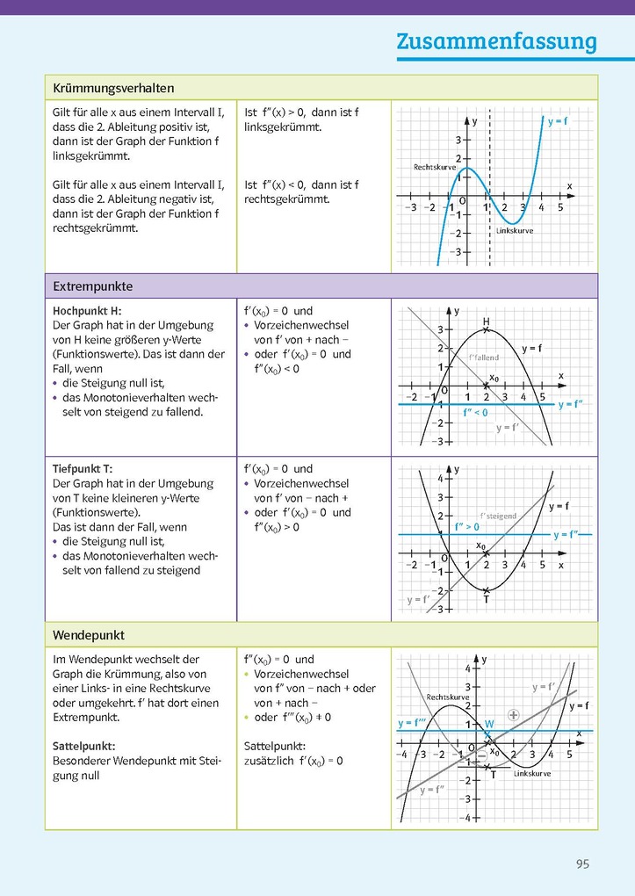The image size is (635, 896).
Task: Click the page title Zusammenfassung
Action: pos(495,41)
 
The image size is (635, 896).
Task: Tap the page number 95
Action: pos(582,863)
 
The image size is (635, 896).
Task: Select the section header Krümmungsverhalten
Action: pos(113,89)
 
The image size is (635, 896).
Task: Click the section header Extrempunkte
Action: pos(93,286)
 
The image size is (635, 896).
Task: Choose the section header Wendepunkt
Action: pos(89,634)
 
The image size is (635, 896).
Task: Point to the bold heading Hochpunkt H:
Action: pos(87,311)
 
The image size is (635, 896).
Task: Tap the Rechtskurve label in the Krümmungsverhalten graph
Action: pos(435,166)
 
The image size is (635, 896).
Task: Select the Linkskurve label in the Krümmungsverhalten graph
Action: pos(514,231)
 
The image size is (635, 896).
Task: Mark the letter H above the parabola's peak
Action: pos(486,321)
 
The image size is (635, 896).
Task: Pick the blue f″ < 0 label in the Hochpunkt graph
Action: pos(476,411)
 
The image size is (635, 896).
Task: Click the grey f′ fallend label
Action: pos(484,358)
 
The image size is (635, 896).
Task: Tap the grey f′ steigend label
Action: pos(498,517)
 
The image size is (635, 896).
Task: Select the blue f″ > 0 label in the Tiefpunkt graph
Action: pos(467,527)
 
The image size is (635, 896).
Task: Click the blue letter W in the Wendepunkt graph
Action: pos(489,724)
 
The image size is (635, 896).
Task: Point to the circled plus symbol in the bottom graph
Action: pos(514,715)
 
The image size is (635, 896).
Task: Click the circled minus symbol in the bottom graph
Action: pos(480,755)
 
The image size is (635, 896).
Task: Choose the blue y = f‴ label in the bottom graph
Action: pos(412,723)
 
